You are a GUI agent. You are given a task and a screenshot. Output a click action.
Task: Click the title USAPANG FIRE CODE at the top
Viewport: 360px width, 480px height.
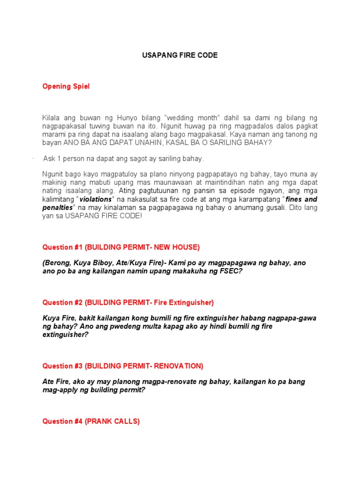180,55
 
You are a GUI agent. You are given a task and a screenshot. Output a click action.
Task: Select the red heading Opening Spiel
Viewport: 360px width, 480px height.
66,86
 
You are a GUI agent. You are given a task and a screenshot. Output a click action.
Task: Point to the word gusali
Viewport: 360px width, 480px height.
274,207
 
